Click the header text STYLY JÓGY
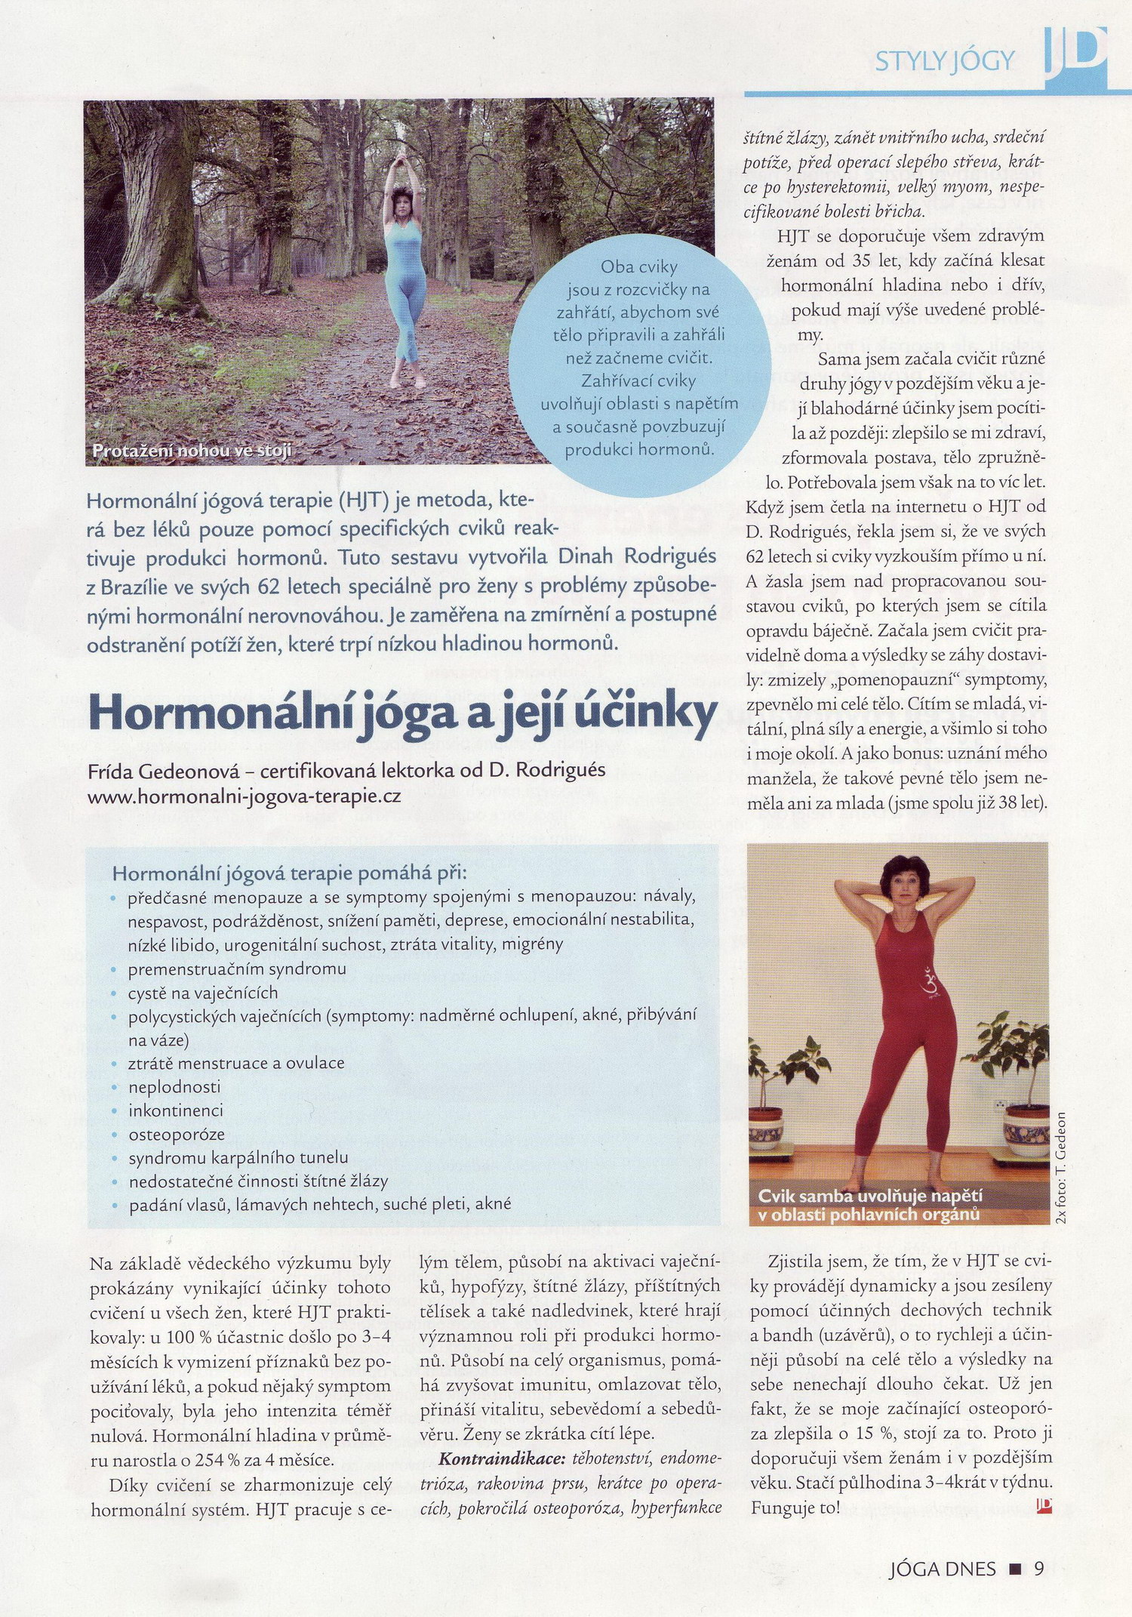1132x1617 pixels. pos(944,60)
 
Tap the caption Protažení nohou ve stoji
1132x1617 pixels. pos(192,451)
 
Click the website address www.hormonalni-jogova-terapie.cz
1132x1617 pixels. pos(244,796)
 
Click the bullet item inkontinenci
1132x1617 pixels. pos(176,1110)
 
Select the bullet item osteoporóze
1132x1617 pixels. pos(177,1134)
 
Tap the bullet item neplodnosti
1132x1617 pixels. pos(174,1087)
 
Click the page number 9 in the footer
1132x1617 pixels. pos(1038,1569)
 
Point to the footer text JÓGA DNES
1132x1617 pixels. pos(943,1569)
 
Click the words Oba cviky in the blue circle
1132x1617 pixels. pos(638,266)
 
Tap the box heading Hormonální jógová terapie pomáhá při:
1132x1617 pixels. pos(290,873)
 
